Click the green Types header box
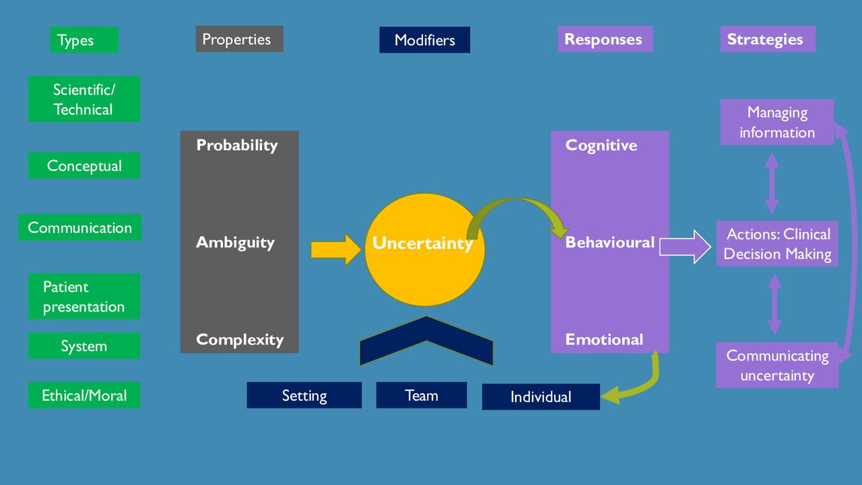pos(84,40)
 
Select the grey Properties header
pos(239,39)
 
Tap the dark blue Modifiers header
pos(424,40)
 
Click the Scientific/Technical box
pos(84,99)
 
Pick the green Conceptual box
pos(84,165)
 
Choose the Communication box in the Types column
pos(79,227)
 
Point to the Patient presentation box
pos(84,296)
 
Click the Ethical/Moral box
pos(84,395)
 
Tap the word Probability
pos(236,145)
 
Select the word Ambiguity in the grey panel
pos(235,242)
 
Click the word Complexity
pos(240,340)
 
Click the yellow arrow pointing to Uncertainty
pos(335,250)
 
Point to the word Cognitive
pos(601,145)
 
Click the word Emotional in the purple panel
pos(604,339)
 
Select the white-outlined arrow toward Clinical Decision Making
pos(685,247)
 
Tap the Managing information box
pos(777,122)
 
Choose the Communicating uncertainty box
pos(777,365)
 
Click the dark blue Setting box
pos(304,395)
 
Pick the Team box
pos(422,395)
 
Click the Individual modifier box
pos(541,397)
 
